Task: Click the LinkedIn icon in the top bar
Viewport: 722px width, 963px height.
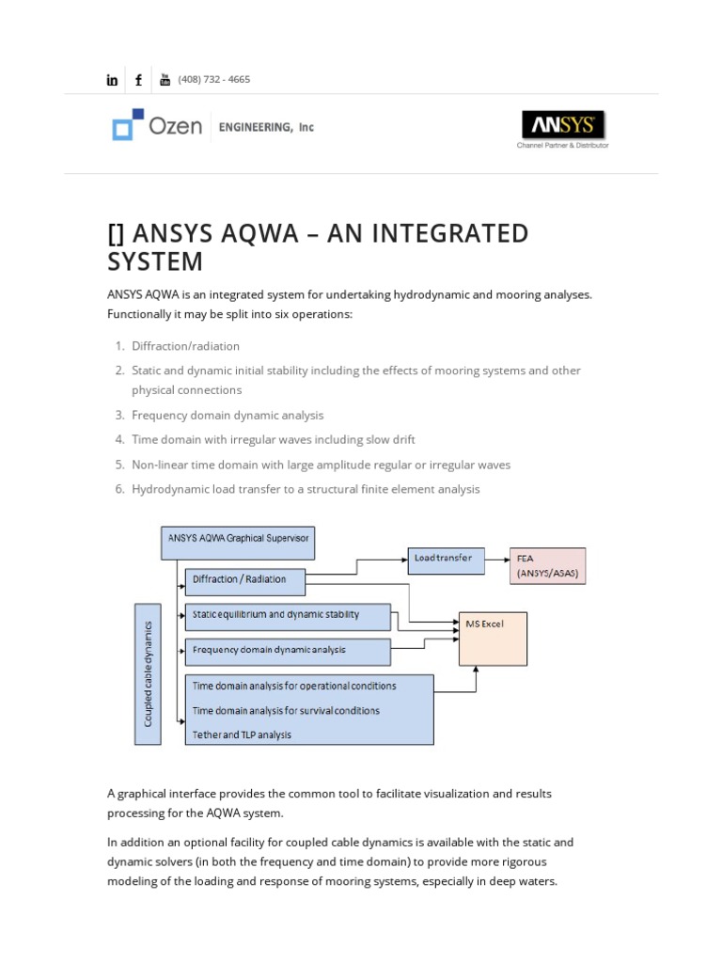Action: pyautogui.click(x=113, y=80)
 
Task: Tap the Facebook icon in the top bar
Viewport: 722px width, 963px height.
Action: pyautogui.click(x=139, y=80)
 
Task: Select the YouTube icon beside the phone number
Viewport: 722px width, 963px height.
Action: pyautogui.click(x=165, y=80)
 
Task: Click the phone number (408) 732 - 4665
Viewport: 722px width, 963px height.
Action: pyautogui.click(x=214, y=80)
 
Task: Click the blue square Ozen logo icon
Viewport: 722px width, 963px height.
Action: pyautogui.click(x=127, y=124)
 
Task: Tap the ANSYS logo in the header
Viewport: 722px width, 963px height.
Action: pyautogui.click(x=563, y=125)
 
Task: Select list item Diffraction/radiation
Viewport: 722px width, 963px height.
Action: pyautogui.click(x=185, y=346)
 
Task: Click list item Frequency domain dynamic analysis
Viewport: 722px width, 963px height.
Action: pyautogui.click(x=228, y=415)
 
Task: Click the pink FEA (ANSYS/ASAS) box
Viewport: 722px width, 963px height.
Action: pyautogui.click(x=547, y=566)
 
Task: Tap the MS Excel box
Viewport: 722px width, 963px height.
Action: pyautogui.click(x=493, y=639)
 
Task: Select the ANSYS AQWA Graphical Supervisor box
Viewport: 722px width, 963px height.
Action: pyautogui.click(x=237, y=541)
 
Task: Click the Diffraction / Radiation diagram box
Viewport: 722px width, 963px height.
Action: pyautogui.click(x=244, y=581)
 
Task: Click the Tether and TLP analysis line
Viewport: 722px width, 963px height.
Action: pyautogui.click(x=243, y=734)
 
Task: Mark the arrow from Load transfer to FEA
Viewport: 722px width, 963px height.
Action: pyautogui.click(x=496, y=559)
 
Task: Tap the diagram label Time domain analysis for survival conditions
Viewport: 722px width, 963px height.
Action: pyautogui.click(x=286, y=710)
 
